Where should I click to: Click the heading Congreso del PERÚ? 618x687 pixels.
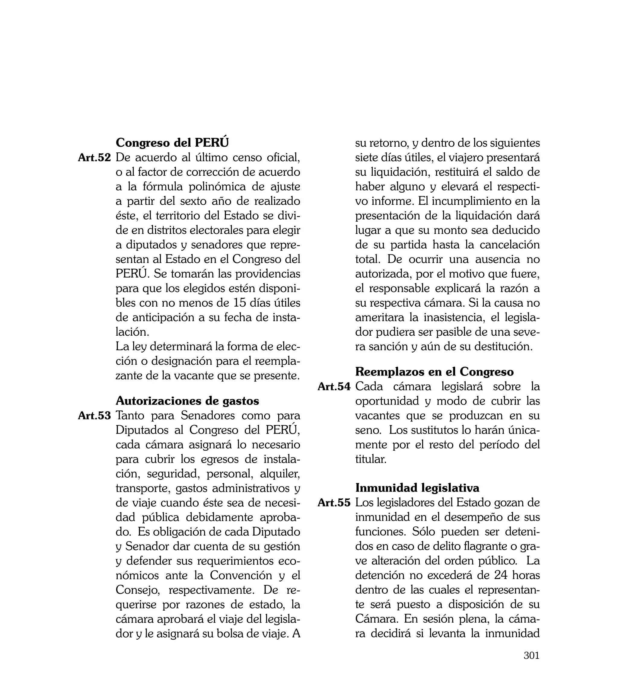pyautogui.click(x=172, y=143)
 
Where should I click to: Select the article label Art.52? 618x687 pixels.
pyautogui.click(x=94, y=158)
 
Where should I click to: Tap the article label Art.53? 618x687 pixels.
pyautogui.click(x=94, y=416)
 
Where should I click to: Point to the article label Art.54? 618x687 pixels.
pyautogui.click(x=334, y=386)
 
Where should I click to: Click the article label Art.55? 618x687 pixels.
pyautogui.click(x=334, y=503)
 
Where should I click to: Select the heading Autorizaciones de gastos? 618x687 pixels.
pyautogui.click(x=187, y=401)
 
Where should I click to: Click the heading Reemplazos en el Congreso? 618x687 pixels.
pyautogui.click(x=434, y=372)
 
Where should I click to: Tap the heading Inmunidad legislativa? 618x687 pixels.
pyautogui.click(x=417, y=488)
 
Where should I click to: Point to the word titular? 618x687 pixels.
pyautogui.click(x=371, y=459)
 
